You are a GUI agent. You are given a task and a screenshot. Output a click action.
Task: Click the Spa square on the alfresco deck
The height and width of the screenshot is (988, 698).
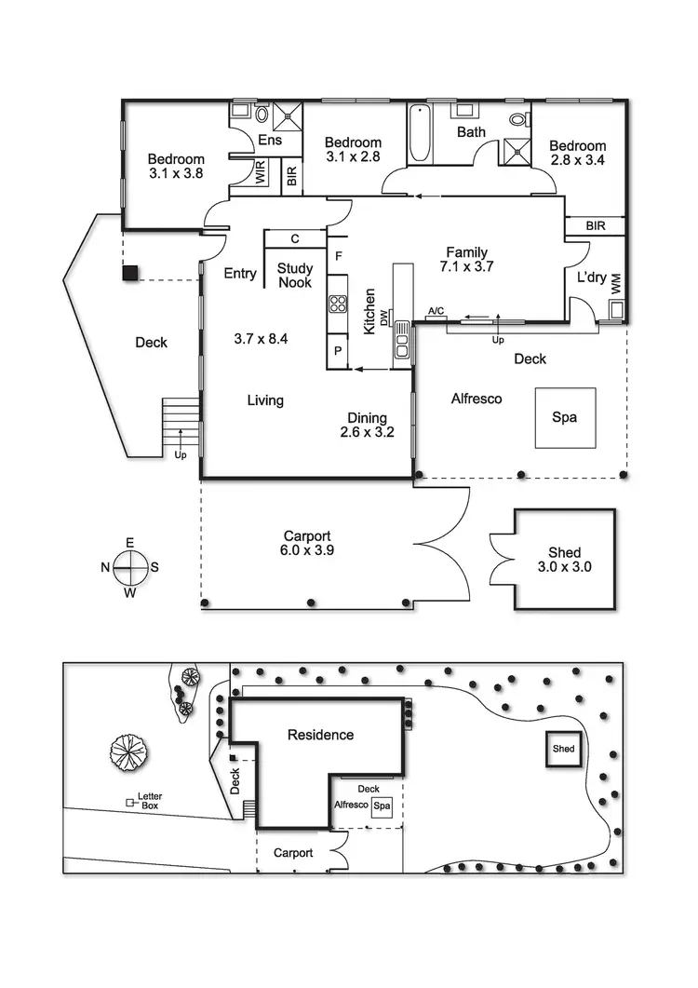click(x=564, y=417)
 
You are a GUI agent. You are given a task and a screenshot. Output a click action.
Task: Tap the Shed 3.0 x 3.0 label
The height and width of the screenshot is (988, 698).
click(x=564, y=560)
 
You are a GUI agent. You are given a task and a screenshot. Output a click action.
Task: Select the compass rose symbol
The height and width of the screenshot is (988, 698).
click(x=130, y=564)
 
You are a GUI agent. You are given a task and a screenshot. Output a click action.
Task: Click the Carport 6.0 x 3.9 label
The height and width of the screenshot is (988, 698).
click(x=307, y=543)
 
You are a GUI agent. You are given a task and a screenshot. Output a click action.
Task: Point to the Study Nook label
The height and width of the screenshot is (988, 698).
click(x=295, y=275)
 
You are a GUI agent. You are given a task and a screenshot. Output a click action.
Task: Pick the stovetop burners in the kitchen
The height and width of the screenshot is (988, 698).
click(x=337, y=304)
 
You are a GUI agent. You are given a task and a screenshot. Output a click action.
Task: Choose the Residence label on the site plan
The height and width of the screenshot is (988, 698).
click(x=320, y=735)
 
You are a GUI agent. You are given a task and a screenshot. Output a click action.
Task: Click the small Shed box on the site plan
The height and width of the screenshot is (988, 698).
click(x=564, y=749)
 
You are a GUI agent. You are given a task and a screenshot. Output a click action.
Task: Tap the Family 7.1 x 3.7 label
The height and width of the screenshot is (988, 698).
click(x=466, y=259)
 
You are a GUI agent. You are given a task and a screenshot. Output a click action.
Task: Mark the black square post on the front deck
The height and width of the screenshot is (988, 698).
click(x=131, y=273)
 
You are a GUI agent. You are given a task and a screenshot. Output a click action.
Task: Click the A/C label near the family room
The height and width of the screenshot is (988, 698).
click(x=436, y=310)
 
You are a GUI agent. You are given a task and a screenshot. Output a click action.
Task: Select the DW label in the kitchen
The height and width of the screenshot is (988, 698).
click(x=382, y=317)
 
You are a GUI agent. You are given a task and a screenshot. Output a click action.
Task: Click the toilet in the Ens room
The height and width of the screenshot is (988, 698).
click(x=262, y=115)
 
